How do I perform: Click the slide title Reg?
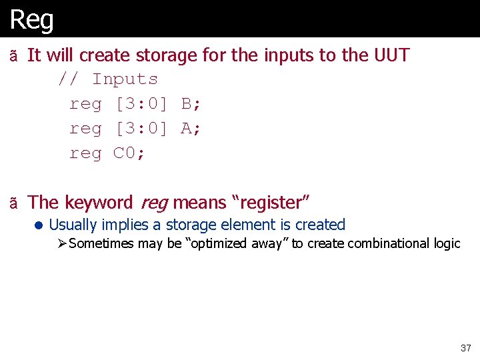[x=31, y=19]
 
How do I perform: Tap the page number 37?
[x=465, y=348]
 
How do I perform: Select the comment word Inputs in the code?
[x=125, y=79]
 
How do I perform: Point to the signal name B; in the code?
[x=191, y=104]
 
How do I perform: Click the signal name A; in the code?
[x=191, y=129]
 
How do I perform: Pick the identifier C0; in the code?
[x=130, y=153]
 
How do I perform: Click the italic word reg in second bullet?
[x=153, y=203]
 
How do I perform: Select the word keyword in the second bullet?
[x=98, y=203]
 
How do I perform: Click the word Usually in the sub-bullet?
[x=73, y=225]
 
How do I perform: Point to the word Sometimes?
[x=101, y=244]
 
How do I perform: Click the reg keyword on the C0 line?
[x=86, y=153]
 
